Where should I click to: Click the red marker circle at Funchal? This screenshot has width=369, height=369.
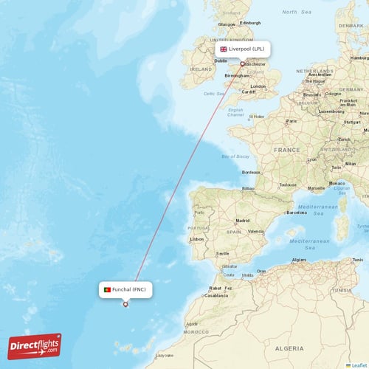pos(125,304)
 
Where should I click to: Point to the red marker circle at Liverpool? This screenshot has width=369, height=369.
pos(242,63)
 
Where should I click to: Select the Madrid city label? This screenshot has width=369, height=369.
pos(242,220)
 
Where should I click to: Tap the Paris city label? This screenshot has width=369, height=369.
pos(292,121)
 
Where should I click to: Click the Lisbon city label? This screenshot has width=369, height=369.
pos(197,239)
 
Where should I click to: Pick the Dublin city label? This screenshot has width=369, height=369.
pos(221,61)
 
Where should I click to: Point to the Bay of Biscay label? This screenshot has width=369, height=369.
pos(235,156)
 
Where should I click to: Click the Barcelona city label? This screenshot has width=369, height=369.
pos(296,212)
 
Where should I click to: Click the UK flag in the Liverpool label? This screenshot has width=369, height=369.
pos(224,49)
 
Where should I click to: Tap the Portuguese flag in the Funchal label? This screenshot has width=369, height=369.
pos(108,290)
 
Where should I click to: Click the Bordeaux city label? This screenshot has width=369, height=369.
pos(251,172)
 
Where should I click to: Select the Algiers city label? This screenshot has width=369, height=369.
pos(299,260)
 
